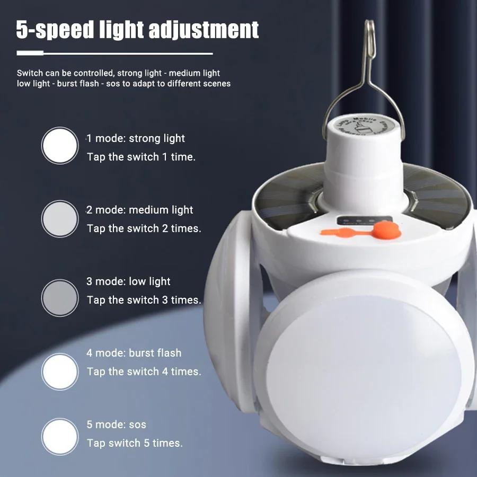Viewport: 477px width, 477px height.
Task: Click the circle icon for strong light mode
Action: pos(60,145)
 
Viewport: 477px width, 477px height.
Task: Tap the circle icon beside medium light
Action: pos(60,218)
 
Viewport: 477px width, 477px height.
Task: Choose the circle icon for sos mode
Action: pos(60,436)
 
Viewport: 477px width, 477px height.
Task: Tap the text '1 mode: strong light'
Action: pos(136,138)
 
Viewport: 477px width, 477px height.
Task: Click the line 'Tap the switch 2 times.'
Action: pos(144,228)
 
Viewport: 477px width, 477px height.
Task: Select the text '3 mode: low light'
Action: pos(129,281)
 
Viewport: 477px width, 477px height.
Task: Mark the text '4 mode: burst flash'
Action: pos(134,353)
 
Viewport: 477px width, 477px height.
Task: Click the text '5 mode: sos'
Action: pos(117,425)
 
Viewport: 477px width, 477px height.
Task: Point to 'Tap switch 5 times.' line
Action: pos(135,443)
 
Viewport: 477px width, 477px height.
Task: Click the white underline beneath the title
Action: pos(114,53)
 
